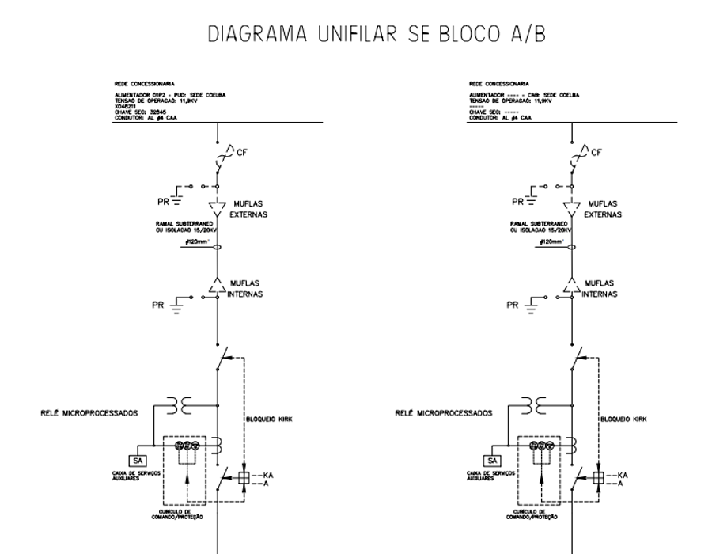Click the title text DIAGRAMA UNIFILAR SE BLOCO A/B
(377, 34)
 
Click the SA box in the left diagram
(138, 461)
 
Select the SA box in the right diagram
(492, 461)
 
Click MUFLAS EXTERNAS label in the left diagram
(248, 209)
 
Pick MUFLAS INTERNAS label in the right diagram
(602, 288)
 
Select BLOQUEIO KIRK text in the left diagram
(270, 419)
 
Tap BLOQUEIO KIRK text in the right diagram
(624, 419)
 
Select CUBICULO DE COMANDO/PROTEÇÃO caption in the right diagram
(535, 514)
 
